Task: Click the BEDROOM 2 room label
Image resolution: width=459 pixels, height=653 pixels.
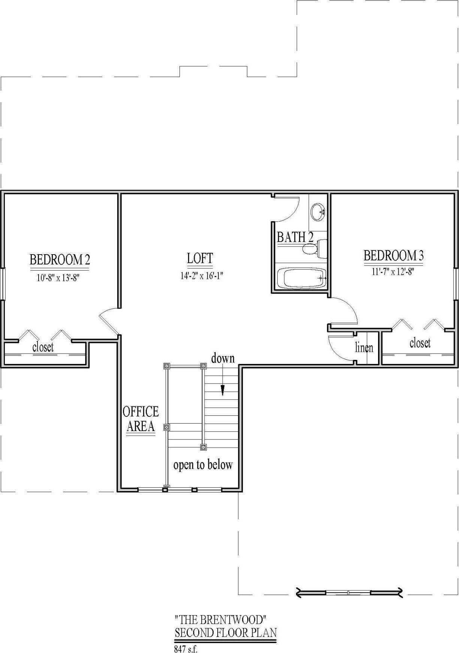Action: point(60,259)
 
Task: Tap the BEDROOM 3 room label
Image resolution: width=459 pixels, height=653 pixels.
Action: point(393,256)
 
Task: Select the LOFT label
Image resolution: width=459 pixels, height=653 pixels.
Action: point(200,258)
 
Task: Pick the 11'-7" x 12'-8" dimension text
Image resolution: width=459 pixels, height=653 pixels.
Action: point(393,272)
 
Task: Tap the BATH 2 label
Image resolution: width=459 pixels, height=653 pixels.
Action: point(295,237)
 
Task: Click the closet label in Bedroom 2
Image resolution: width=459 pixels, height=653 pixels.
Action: point(43,347)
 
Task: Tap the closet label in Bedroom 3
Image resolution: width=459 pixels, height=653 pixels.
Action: point(420,343)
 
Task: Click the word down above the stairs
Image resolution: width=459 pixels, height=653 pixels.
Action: point(223,358)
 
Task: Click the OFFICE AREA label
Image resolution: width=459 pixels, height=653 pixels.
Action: point(141,419)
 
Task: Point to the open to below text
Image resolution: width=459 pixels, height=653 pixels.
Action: point(203,465)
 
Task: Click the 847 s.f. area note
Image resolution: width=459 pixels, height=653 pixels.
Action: point(185,649)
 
